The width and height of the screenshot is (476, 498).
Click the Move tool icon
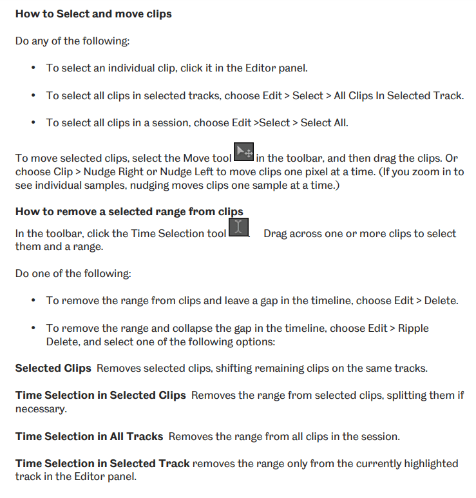click(x=243, y=152)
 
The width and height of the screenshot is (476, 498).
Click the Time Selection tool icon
click(x=239, y=228)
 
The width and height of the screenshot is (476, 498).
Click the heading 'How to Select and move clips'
click(x=93, y=14)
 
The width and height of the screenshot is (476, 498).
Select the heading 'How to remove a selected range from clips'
click(x=129, y=211)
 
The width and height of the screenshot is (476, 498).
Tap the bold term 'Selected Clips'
click(x=53, y=368)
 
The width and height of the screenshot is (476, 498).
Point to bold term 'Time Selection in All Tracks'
click(x=89, y=436)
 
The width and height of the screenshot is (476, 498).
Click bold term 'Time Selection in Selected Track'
click(x=102, y=463)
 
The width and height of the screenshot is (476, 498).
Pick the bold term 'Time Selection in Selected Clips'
click(x=100, y=395)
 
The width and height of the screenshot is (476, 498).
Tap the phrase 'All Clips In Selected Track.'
click(x=399, y=95)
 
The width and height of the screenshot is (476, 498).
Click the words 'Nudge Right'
click(x=107, y=172)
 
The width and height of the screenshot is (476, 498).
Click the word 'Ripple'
click(x=413, y=328)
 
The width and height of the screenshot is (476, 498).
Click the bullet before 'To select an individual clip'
click(x=33, y=68)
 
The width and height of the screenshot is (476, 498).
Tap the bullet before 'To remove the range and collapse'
click(x=33, y=329)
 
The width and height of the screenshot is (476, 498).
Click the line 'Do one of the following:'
click(x=73, y=274)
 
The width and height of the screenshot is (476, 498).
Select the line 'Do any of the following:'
click(x=72, y=41)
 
